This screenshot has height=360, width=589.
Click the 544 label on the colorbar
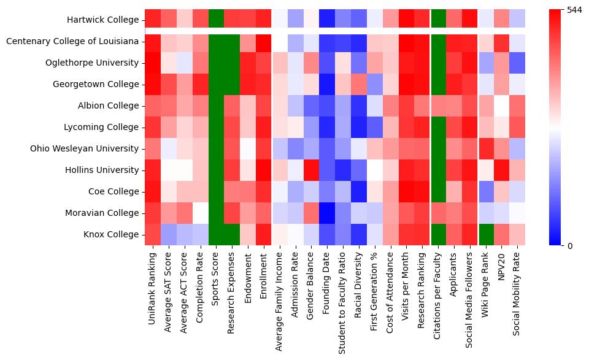tap(574, 10)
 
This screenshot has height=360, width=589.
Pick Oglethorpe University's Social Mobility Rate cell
tap(517, 63)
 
